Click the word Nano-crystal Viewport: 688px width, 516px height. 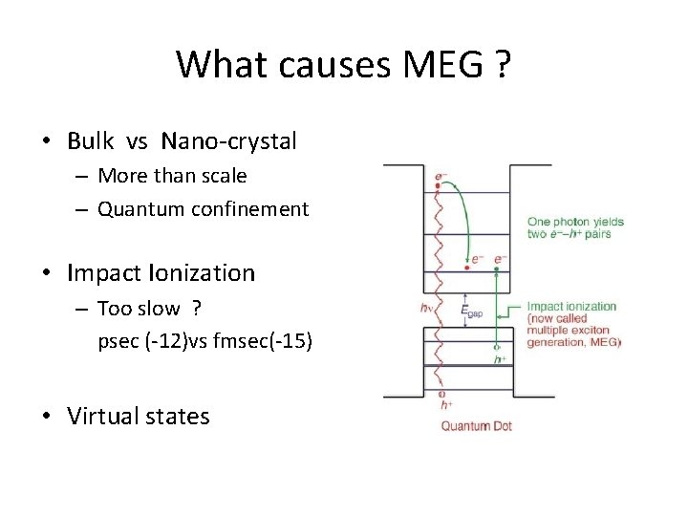click(x=229, y=141)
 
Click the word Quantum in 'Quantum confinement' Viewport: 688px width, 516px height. click(x=135, y=208)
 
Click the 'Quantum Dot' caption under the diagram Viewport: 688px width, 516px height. click(x=476, y=425)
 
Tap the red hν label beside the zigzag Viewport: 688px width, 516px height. click(x=425, y=308)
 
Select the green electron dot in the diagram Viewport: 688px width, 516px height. click(x=497, y=269)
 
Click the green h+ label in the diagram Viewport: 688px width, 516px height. click(x=498, y=359)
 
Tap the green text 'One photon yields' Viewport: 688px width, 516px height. click(x=575, y=222)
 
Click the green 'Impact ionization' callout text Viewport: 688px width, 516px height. click(x=572, y=307)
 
